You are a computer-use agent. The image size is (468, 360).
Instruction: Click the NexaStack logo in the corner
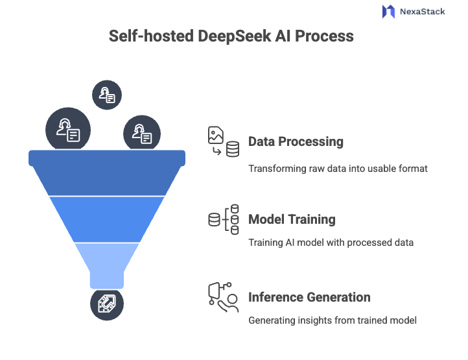[413, 12]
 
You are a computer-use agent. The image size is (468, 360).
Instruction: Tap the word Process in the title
[324, 36]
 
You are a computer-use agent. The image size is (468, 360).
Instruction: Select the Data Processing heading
[296, 141]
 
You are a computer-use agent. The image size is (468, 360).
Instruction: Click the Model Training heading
[292, 219]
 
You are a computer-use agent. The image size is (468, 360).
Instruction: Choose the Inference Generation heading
[309, 297]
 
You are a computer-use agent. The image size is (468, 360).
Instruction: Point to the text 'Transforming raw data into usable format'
[338, 168]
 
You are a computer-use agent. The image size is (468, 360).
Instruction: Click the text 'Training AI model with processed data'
[331, 243]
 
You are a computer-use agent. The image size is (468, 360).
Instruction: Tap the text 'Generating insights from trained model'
[333, 320]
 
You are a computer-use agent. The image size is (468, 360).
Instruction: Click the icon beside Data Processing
[222, 142]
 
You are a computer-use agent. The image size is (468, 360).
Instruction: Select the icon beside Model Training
[222, 220]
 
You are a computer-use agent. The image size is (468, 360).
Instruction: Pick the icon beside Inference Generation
[222, 298]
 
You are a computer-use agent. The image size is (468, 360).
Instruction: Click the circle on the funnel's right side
[141, 134]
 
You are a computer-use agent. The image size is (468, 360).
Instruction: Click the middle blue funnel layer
[107, 218]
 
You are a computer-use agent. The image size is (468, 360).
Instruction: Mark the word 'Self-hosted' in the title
[148, 36]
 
